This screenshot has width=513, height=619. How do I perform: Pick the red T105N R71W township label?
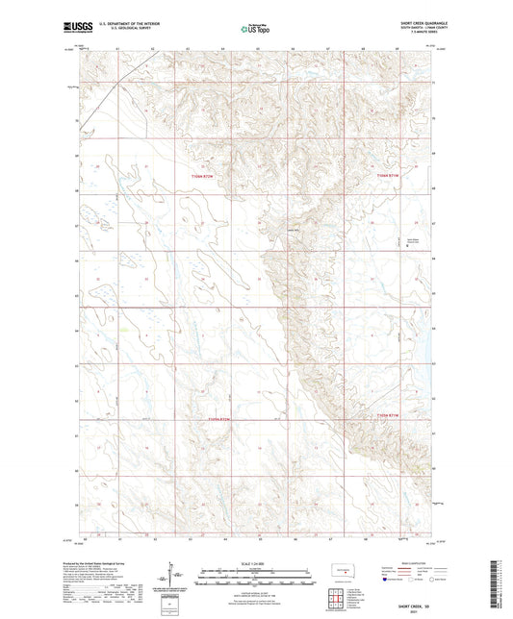point(386,415)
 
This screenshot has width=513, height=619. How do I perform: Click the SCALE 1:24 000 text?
point(255,562)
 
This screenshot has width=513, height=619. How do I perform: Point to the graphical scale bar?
point(255,572)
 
